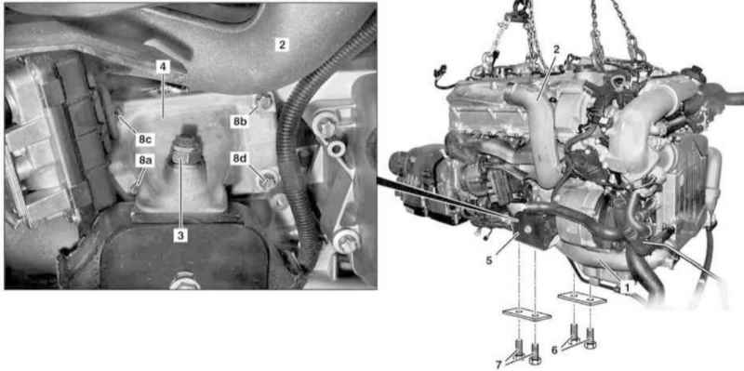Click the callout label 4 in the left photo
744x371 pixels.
click(x=163, y=67)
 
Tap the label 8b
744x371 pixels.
click(x=241, y=121)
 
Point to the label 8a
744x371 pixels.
click(x=145, y=161)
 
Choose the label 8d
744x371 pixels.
click(x=240, y=158)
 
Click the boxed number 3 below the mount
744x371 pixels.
click(x=179, y=235)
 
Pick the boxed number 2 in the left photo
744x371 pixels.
click(x=282, y=45)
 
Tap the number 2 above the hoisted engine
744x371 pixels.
click(x=556, y=48)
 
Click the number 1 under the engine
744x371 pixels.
click(x=627, y=287)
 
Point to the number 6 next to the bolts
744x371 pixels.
click(x=554, y=351)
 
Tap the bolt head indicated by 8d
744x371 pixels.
click(x=268, y=179)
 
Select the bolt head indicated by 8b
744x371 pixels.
click(x=263, y=99)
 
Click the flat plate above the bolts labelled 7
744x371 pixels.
click(x=526, y=314)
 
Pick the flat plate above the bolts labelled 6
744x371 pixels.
click(x=582, y=298)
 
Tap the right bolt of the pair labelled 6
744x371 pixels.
click(x=591, y=338)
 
